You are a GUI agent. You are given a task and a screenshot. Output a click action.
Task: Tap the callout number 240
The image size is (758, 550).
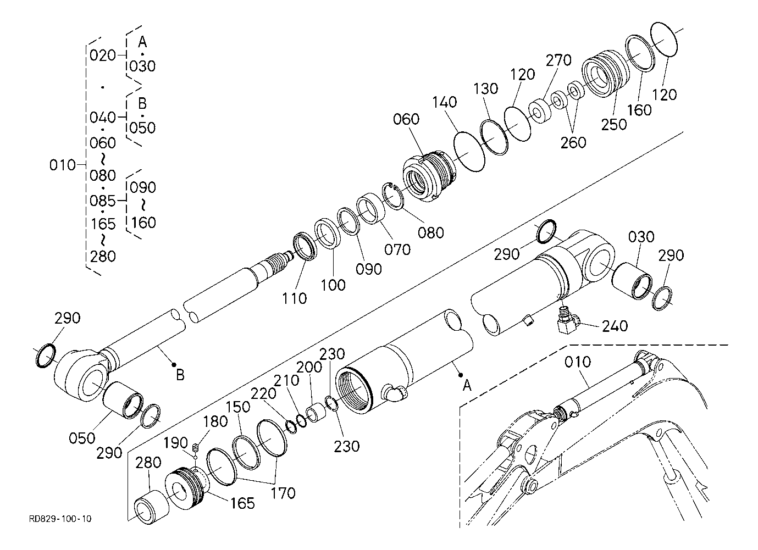coord(615,326)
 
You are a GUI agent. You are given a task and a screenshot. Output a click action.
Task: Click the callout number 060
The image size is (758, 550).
coord(406,119)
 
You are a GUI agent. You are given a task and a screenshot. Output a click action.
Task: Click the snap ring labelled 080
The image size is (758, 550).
coord(392,196)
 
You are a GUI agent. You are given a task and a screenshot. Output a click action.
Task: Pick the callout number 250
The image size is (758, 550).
coord(614,125)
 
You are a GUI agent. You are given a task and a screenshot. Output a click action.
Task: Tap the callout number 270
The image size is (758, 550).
coord(558,60)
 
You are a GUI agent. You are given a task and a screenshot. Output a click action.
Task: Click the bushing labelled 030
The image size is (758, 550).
coord(632,281)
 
